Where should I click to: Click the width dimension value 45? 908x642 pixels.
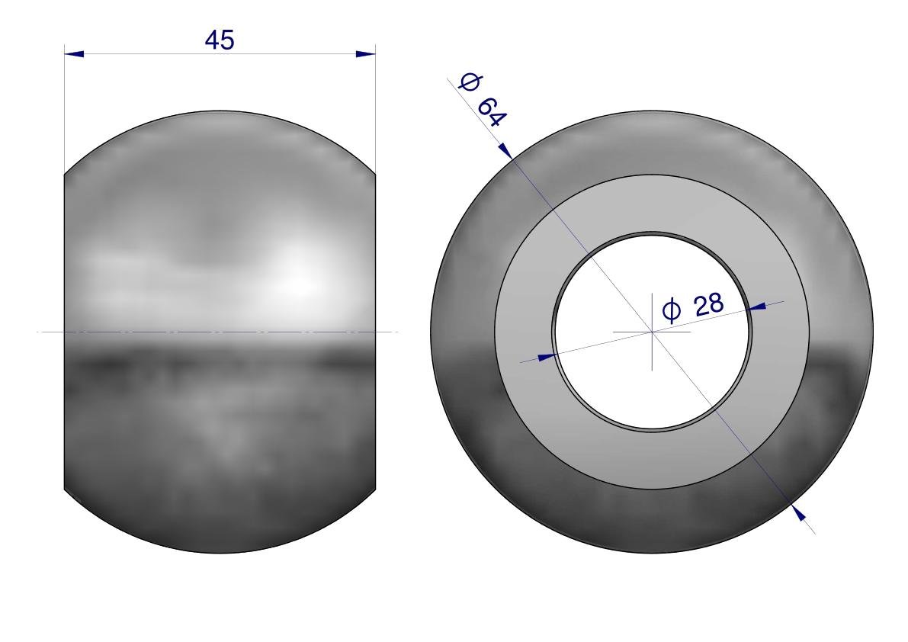point(220,40)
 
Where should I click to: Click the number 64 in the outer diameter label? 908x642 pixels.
point(492,112)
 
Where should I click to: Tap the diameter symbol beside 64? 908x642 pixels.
point(468,82)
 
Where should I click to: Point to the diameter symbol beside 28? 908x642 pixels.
point(672,311)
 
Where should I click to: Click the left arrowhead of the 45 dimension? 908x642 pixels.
point(73,54)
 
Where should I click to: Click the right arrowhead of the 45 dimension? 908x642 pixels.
point(365,54)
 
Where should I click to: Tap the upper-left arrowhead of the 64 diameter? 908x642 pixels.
point(505,150)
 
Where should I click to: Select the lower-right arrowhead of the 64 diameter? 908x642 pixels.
point(799,512)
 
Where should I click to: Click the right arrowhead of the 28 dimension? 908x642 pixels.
point(756,307)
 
